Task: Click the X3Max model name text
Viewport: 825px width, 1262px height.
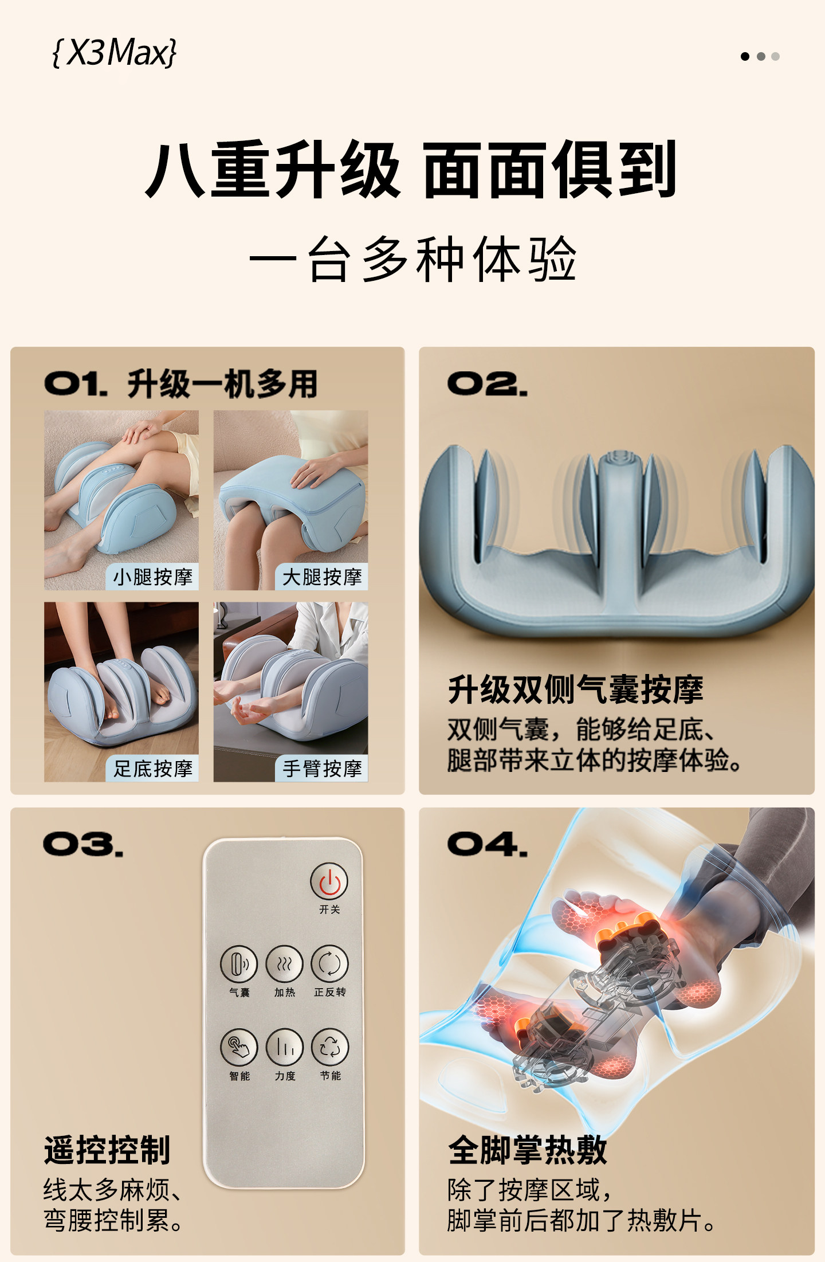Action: pos(115,53)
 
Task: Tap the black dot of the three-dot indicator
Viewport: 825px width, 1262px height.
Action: pos(745,56)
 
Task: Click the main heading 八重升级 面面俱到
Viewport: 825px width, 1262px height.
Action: pos(411,170)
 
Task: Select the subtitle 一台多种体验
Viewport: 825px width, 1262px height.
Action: pos(412,259)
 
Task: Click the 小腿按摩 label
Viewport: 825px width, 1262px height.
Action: pos(152,577)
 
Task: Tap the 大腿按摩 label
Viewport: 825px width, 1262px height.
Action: pos(322,577)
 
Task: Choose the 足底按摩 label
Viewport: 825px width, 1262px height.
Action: pos(152,769)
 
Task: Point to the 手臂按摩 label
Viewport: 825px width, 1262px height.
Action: pos(322,769)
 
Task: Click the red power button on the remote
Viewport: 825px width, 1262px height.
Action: pos(329,882)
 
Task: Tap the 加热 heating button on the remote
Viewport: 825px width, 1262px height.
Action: pos(285,964)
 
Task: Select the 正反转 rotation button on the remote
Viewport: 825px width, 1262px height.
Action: pos(329,964)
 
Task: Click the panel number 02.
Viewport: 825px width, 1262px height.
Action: pos(486,384)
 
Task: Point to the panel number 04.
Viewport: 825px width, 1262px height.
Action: pos(486,844)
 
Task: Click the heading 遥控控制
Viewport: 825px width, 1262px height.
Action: pos(107,1150)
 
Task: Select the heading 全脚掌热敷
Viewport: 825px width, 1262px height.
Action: pos(527,1150)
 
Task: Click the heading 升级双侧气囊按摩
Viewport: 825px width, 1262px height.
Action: pos(575,689)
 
